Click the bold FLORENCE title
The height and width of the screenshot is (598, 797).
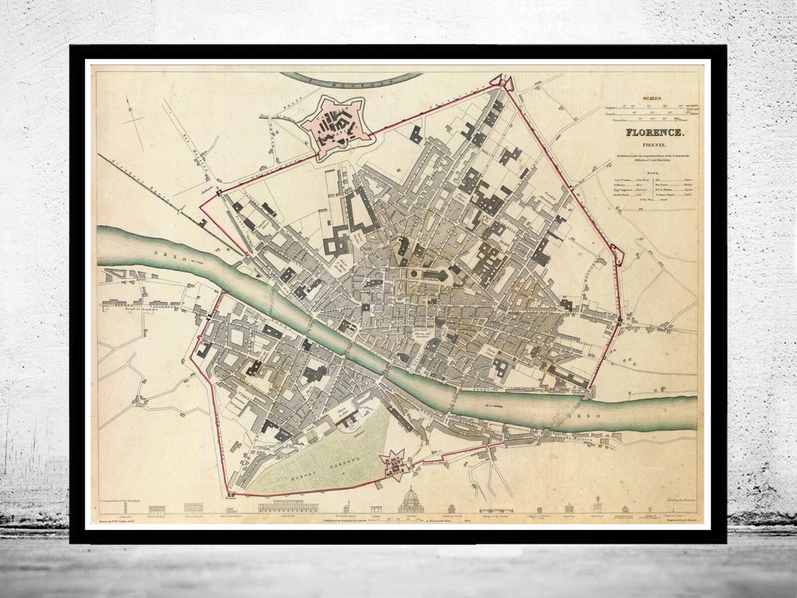[653, 134]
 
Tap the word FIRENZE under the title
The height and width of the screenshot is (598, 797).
[653, 145]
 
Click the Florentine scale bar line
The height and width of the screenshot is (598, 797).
[652, 121]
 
